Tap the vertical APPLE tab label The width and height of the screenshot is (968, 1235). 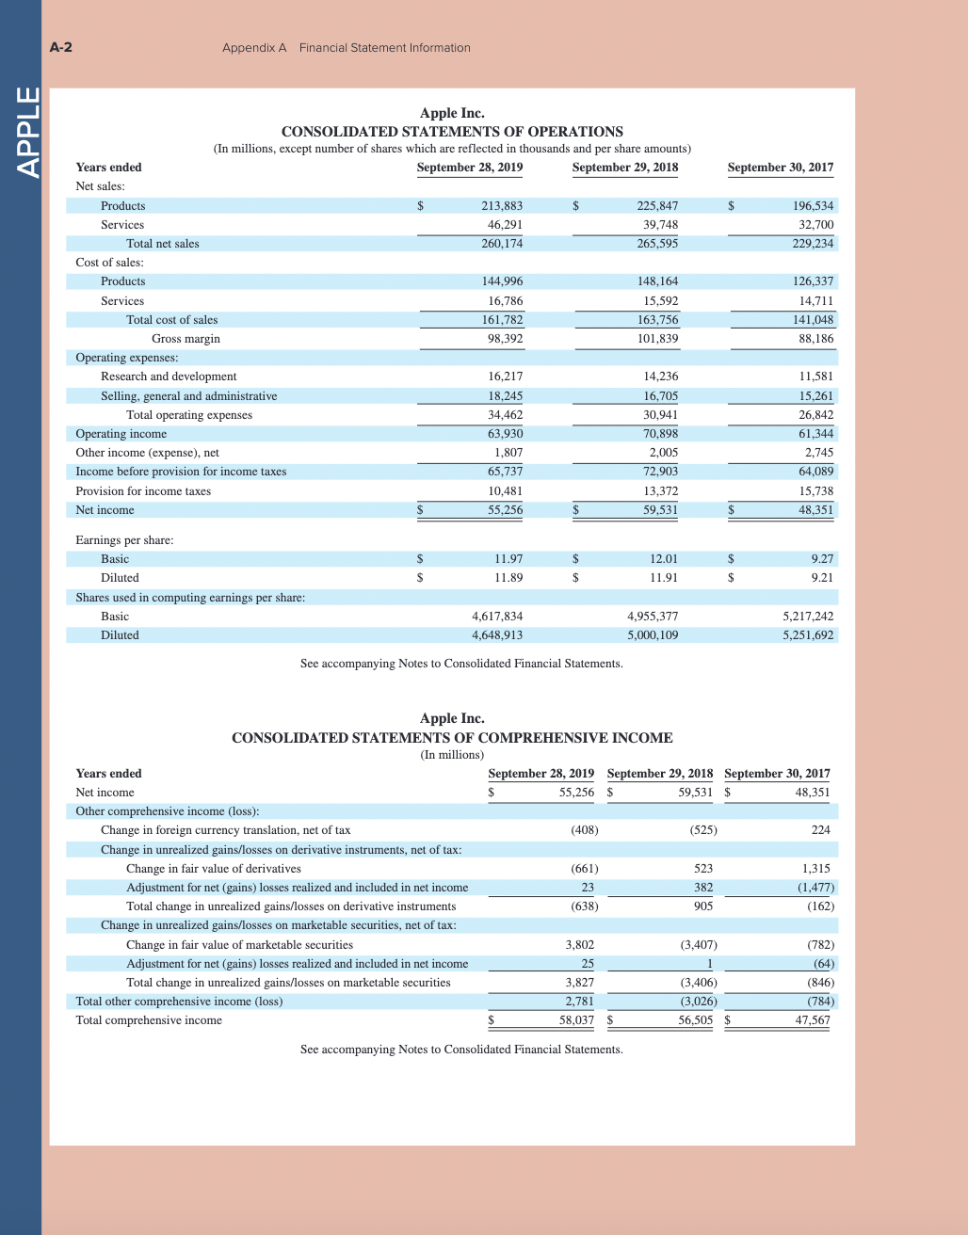(x=28, y=131)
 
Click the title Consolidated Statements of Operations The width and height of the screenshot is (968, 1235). (x=452, y=132)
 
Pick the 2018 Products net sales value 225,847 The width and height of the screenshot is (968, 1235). (x=657, y=206)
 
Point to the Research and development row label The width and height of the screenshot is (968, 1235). (x=169, y=377)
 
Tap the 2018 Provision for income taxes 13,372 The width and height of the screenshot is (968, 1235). (x=657, y=491)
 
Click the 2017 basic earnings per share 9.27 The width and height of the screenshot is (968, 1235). (x=822, y=559)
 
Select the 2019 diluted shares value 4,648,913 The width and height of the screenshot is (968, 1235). (x=496, y=635)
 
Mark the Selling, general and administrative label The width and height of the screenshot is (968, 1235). (x=188, y=396)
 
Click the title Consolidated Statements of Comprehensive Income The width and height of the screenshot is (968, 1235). (x=452, y=738)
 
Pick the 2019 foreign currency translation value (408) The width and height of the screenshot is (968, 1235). (x=584, y=830)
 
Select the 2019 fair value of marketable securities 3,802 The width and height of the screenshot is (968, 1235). (x=579, y=945)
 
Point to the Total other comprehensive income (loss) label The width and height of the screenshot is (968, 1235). (x=179, y=1002)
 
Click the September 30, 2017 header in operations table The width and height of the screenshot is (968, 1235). (x=780, y=168)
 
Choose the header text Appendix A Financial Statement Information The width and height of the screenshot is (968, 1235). (x=347, y=48)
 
